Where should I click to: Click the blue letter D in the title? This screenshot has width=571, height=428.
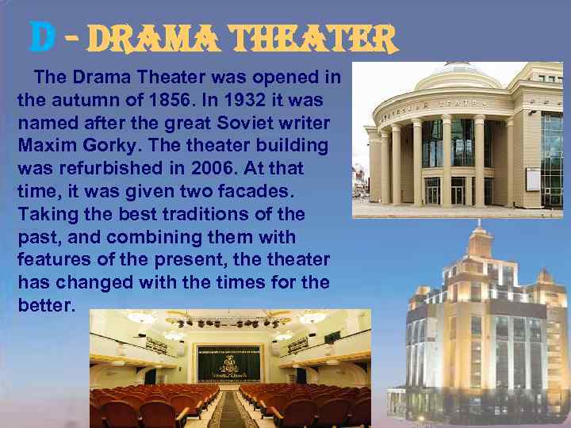coord(41,36)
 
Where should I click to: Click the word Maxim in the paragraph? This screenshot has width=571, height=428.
coord(47,146)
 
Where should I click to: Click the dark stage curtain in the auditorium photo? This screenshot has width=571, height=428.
coord(228,363)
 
